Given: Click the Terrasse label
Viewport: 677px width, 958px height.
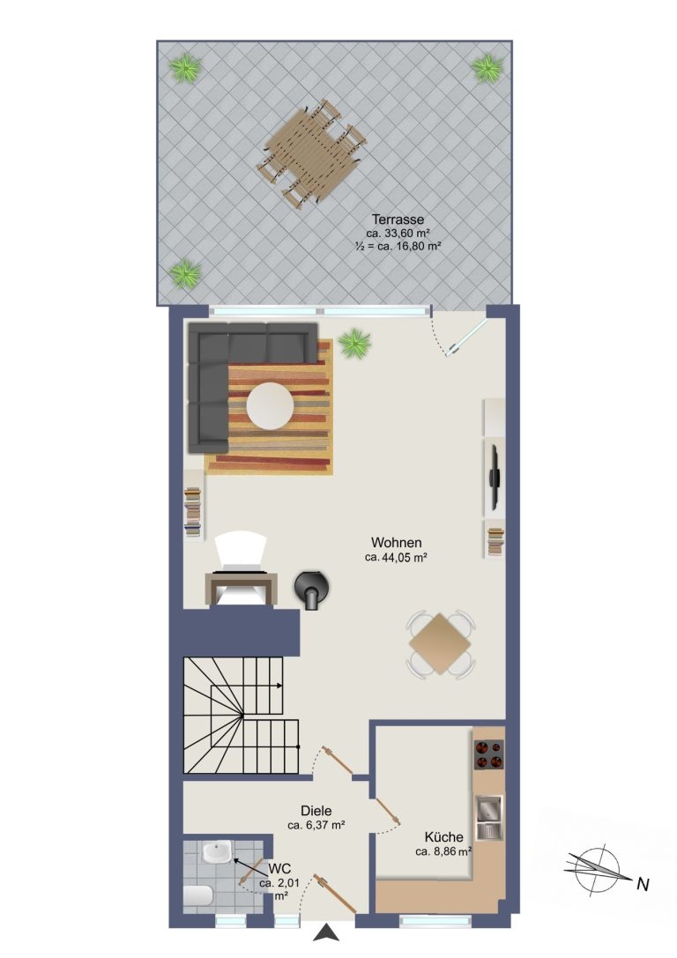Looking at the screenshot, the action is click(x=398, y=219).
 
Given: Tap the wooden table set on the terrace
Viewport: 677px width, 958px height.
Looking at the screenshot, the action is click(x=312, y=154).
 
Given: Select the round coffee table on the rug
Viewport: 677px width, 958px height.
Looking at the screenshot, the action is click(x=270, y=405).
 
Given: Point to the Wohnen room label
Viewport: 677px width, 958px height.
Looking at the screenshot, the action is click(x=397, y=543).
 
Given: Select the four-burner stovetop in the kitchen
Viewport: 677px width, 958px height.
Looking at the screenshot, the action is click(x=489, y=754).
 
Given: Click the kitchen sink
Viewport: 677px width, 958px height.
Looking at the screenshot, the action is click(x=489, y=817).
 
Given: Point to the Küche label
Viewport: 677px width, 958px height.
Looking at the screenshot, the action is click(x=443, y=837).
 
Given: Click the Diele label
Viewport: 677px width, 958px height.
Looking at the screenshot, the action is click(x=316, y=811).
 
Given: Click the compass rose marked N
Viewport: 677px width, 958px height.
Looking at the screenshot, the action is click(x=596, y=871).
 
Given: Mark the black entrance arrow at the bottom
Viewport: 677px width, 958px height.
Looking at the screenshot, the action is click(x=328, y=932).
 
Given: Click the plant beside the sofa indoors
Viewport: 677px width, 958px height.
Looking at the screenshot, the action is click(x=354, y=344).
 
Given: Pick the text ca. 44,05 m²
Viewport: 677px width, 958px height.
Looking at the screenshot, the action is click(x=395, y=557).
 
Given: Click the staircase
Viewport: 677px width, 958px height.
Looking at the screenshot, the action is click(x=242, y=715).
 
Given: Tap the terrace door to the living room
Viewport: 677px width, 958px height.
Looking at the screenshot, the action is click(x=465, y=336).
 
